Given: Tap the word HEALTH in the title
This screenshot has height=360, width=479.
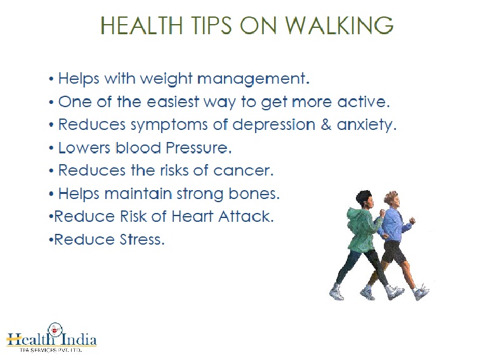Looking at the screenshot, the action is pos(141,25).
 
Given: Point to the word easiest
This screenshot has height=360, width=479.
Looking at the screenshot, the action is pos(173,101).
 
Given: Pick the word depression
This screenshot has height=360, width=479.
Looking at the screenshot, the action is pos(273,124).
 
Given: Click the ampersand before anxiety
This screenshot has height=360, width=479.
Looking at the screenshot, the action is pos(326,124).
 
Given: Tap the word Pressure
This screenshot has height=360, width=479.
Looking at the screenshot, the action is pos(198,148).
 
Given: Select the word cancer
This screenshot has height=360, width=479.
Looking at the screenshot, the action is pos(243,170).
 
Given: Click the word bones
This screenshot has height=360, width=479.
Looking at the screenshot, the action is pos(254,193).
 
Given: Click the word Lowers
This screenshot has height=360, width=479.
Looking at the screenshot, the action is pos(84,148).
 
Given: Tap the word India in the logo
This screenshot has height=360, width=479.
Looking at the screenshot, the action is pos(79,339).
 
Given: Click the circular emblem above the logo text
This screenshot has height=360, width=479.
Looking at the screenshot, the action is pos(55,330).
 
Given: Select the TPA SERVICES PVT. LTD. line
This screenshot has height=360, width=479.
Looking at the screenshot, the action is pos(50,350).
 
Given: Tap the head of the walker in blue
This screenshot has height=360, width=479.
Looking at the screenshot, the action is pos(391,199).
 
